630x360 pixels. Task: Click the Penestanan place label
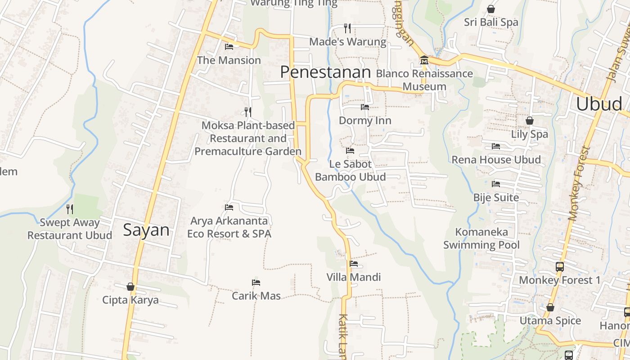coord(325,72)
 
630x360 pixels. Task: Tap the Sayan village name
coord(146,230)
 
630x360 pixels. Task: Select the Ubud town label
coord(599,104)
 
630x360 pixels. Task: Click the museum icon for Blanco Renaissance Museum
coord(424,60)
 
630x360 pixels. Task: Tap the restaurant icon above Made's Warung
coord(347,28)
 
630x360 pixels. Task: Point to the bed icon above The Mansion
coord(229,46)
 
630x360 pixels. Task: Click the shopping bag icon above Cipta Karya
coord(130,287)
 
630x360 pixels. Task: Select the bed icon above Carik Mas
coord(256,283)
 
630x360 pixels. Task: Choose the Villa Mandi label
coord(354,277)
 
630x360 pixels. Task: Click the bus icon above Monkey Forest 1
coord(559,267)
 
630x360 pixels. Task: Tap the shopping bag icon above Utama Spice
coord(550,308)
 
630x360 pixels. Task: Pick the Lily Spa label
coord(530,134)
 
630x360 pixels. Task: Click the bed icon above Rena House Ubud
coord(496,146)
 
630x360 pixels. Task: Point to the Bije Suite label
coord(496,198)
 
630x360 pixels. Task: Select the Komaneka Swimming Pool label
coord(481,238)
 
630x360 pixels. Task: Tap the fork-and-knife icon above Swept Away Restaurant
coord(70,209)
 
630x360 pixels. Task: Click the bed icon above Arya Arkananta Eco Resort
coord(229,207)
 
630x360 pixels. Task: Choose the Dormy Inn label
coord(365,121)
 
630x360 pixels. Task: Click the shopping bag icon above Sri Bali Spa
coord(491,9)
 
